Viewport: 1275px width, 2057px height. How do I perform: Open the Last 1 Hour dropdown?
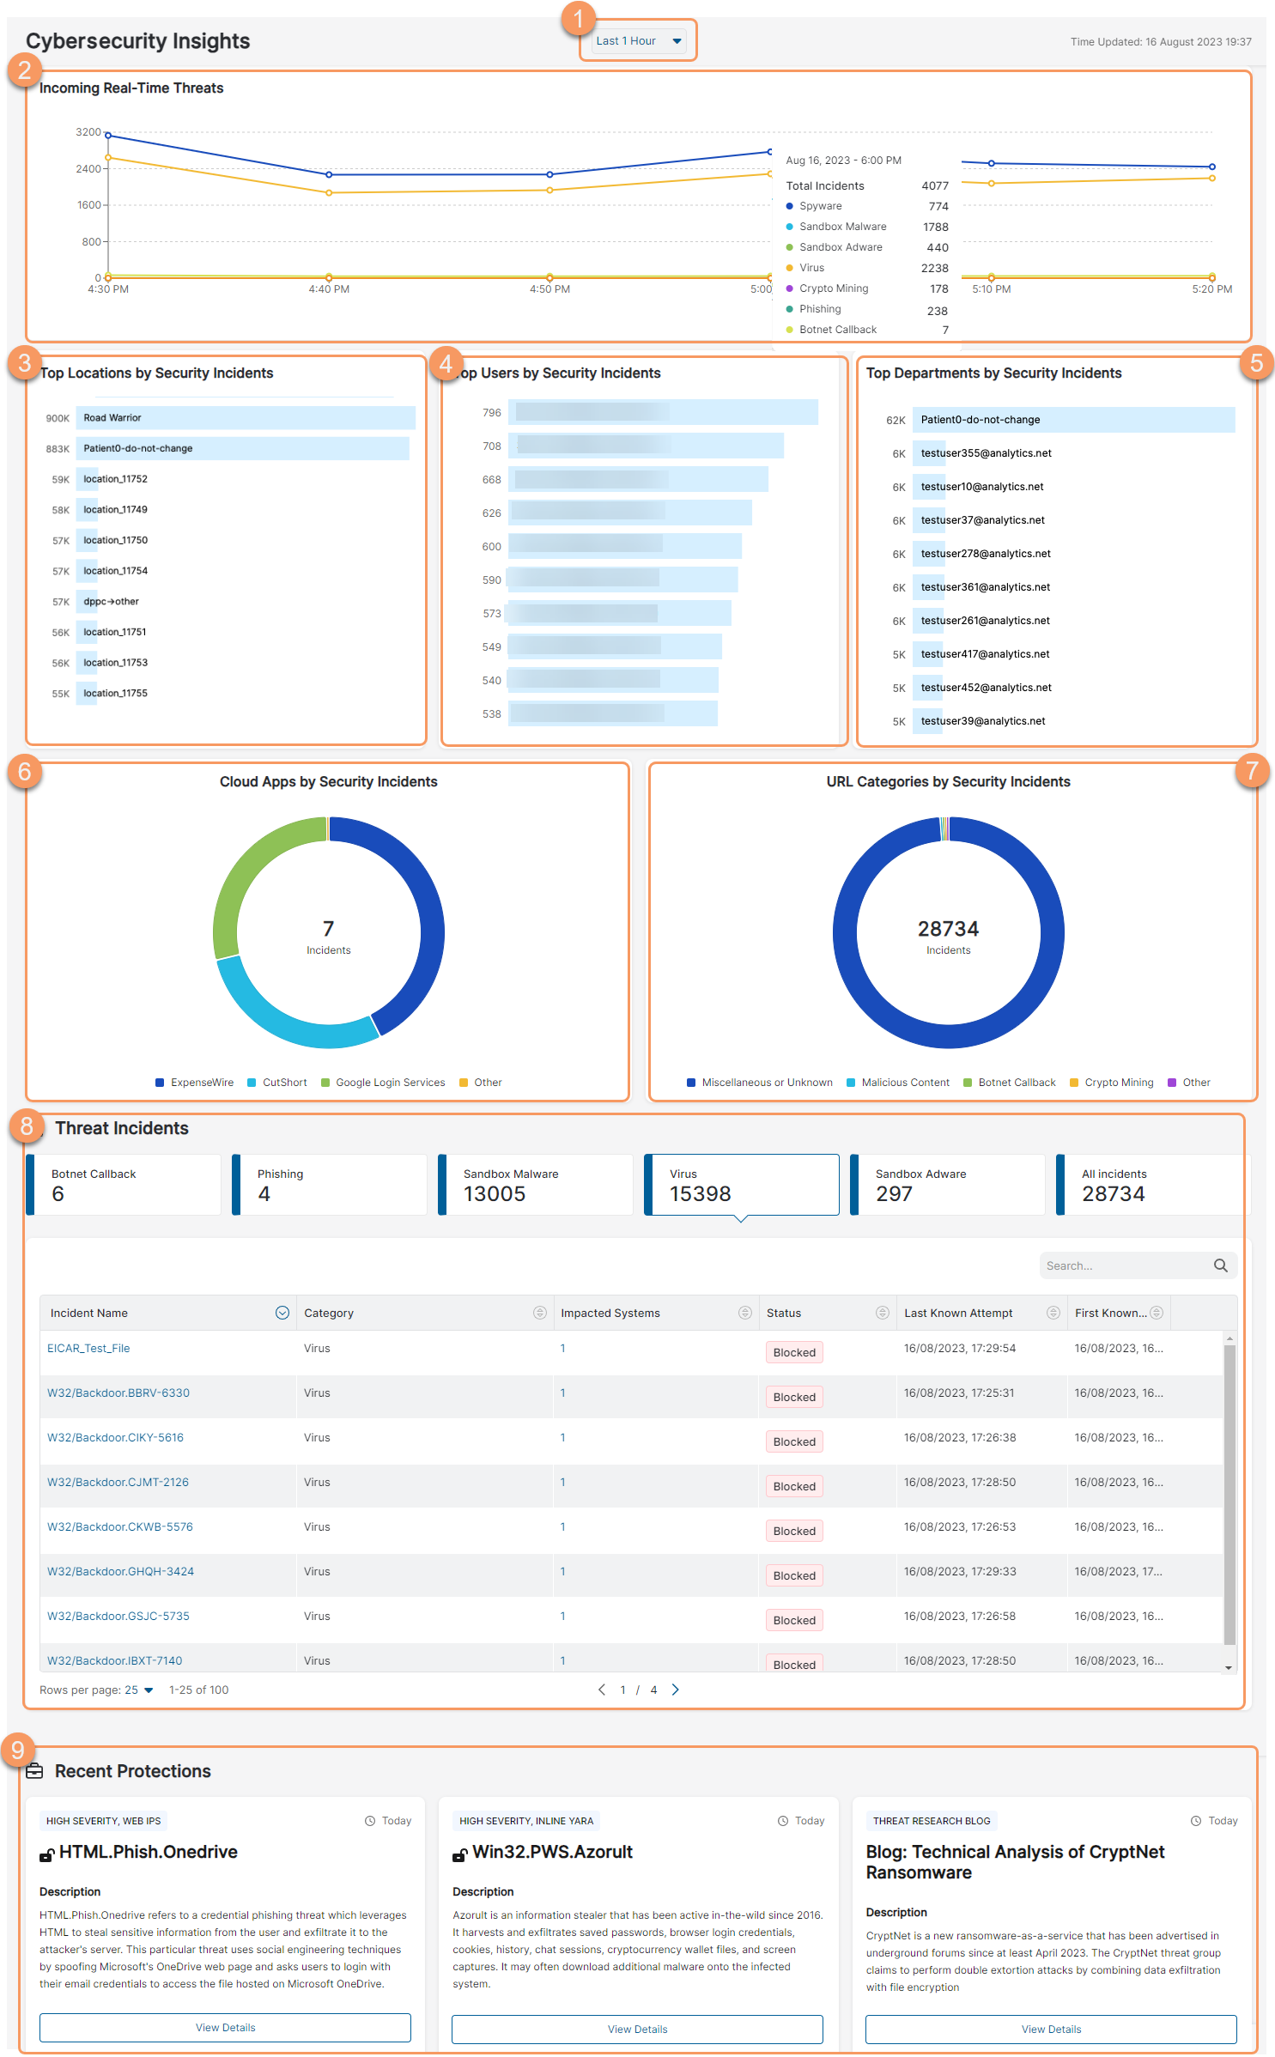coord(639,41)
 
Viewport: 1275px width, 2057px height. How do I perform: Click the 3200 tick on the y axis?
coord(88,132)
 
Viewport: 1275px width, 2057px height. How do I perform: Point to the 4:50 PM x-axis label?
coord(549,289)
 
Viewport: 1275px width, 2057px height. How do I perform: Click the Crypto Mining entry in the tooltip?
coord(833,288)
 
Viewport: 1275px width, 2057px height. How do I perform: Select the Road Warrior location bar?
coord(245,418)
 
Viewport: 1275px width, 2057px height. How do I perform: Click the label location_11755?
coord(115,694)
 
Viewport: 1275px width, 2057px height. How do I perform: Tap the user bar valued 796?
coord(662,413)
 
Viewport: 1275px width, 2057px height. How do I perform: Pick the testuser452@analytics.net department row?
coord(986,688)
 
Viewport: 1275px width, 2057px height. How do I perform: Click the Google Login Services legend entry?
coord(390,1083)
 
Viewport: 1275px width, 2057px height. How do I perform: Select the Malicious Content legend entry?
coord(905,1083)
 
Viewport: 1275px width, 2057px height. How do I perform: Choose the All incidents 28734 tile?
coord(1151,1185)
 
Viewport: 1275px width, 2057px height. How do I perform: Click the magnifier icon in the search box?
coord(1220,1265)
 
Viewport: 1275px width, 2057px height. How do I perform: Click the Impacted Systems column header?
coord(610,1314)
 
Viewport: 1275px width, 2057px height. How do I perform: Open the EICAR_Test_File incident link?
coord(88,1349)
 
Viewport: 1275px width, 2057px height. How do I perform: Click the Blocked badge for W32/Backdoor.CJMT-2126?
coord(794,1486)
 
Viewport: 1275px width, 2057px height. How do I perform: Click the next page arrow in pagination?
coord(676,1690)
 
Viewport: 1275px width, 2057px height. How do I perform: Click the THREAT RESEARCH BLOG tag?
coord(932,1821)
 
